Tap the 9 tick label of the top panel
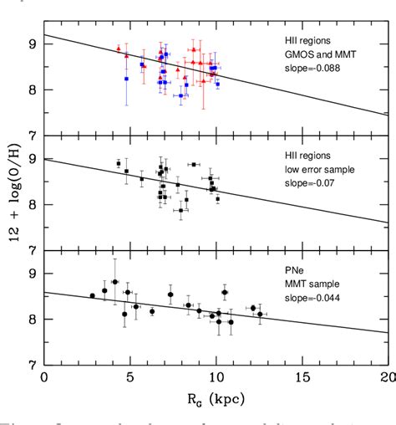tap(33, 44)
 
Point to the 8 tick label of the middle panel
tap(33, 205)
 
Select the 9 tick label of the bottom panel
tap(33, 274)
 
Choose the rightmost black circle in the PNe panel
tap(260, 315)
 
